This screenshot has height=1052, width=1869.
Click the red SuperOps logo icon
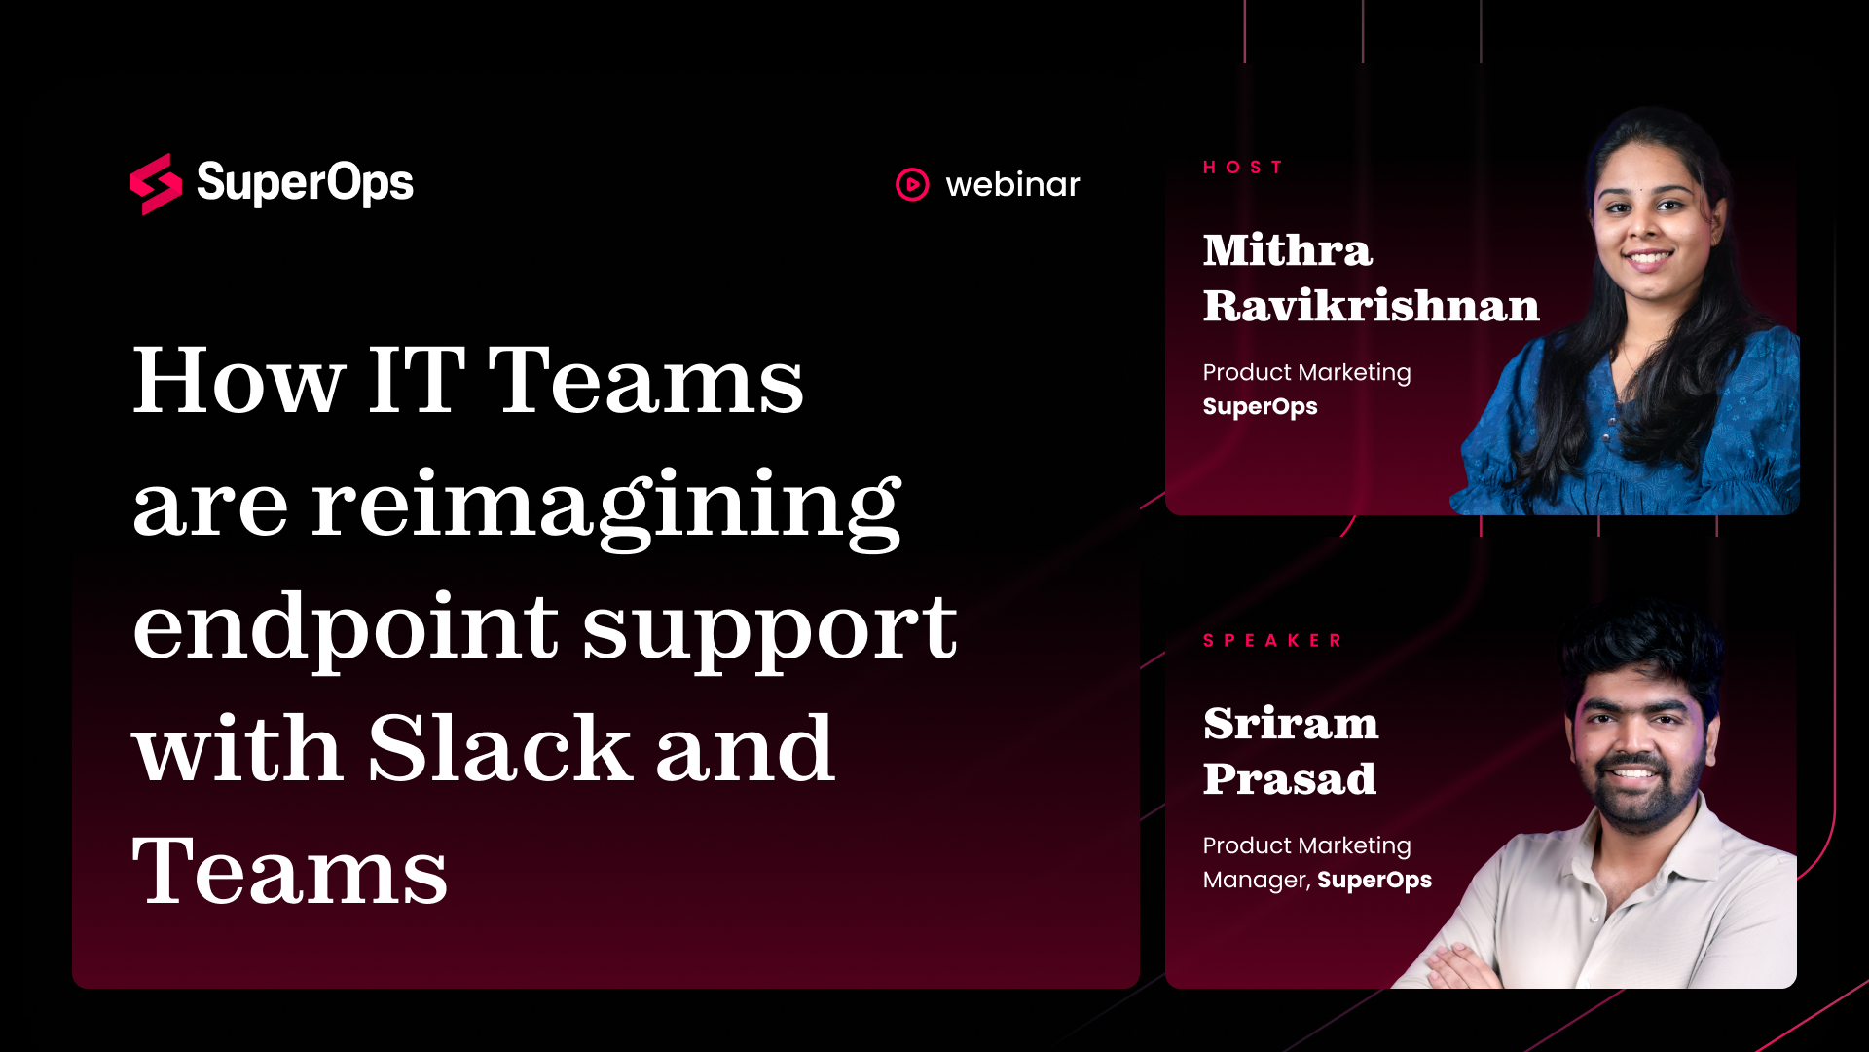pyautogui.click(x=156, y=184)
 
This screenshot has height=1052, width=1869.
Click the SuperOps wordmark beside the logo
pyautogui.click(x=305, y=183)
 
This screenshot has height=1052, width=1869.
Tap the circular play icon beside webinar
pyautogui.click(x=912, y=184)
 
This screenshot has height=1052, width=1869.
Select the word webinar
pyautogui.click(x=1012, y=184)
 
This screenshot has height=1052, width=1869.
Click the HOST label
pyautogui.click(x=1243, y=168)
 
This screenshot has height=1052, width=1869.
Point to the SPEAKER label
pyautogui.click(x=1273, y=641)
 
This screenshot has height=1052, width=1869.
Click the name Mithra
pyautogui.click(x=1288, y=250)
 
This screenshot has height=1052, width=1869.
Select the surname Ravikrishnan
pyautogui.click(x=1372, y=305)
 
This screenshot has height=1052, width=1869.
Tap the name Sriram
pyautogui.click(x=1291, y=724)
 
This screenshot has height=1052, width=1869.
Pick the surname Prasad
pyautogui.click(x=1290, y=778)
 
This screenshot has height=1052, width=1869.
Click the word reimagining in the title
pyautogui.click(x=606, y=507)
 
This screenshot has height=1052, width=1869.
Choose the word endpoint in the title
pyautogui.click(x=346, y=628)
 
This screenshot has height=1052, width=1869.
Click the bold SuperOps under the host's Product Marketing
pyautogui.click(x=1260, y=407)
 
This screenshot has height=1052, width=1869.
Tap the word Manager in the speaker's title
pyautogui.click(x=1256, y=881)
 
